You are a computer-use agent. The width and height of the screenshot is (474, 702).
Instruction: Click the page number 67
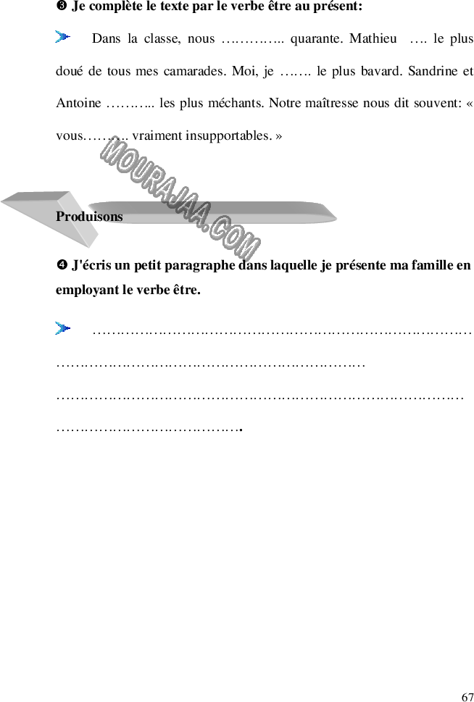point(467,696)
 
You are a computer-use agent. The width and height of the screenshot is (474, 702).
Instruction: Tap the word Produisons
point(89,216)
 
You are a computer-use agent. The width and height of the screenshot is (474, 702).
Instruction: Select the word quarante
point(317,39)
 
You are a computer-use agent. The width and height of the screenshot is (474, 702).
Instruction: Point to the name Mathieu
point(373,38)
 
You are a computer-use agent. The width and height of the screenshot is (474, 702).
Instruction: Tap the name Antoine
point(78,103)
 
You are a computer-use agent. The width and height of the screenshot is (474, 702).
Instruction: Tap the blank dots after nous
point(253,41)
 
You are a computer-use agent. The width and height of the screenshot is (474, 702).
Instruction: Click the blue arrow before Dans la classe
point(63,37)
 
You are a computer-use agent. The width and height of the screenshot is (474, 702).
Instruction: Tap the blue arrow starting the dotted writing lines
point(63,328)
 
